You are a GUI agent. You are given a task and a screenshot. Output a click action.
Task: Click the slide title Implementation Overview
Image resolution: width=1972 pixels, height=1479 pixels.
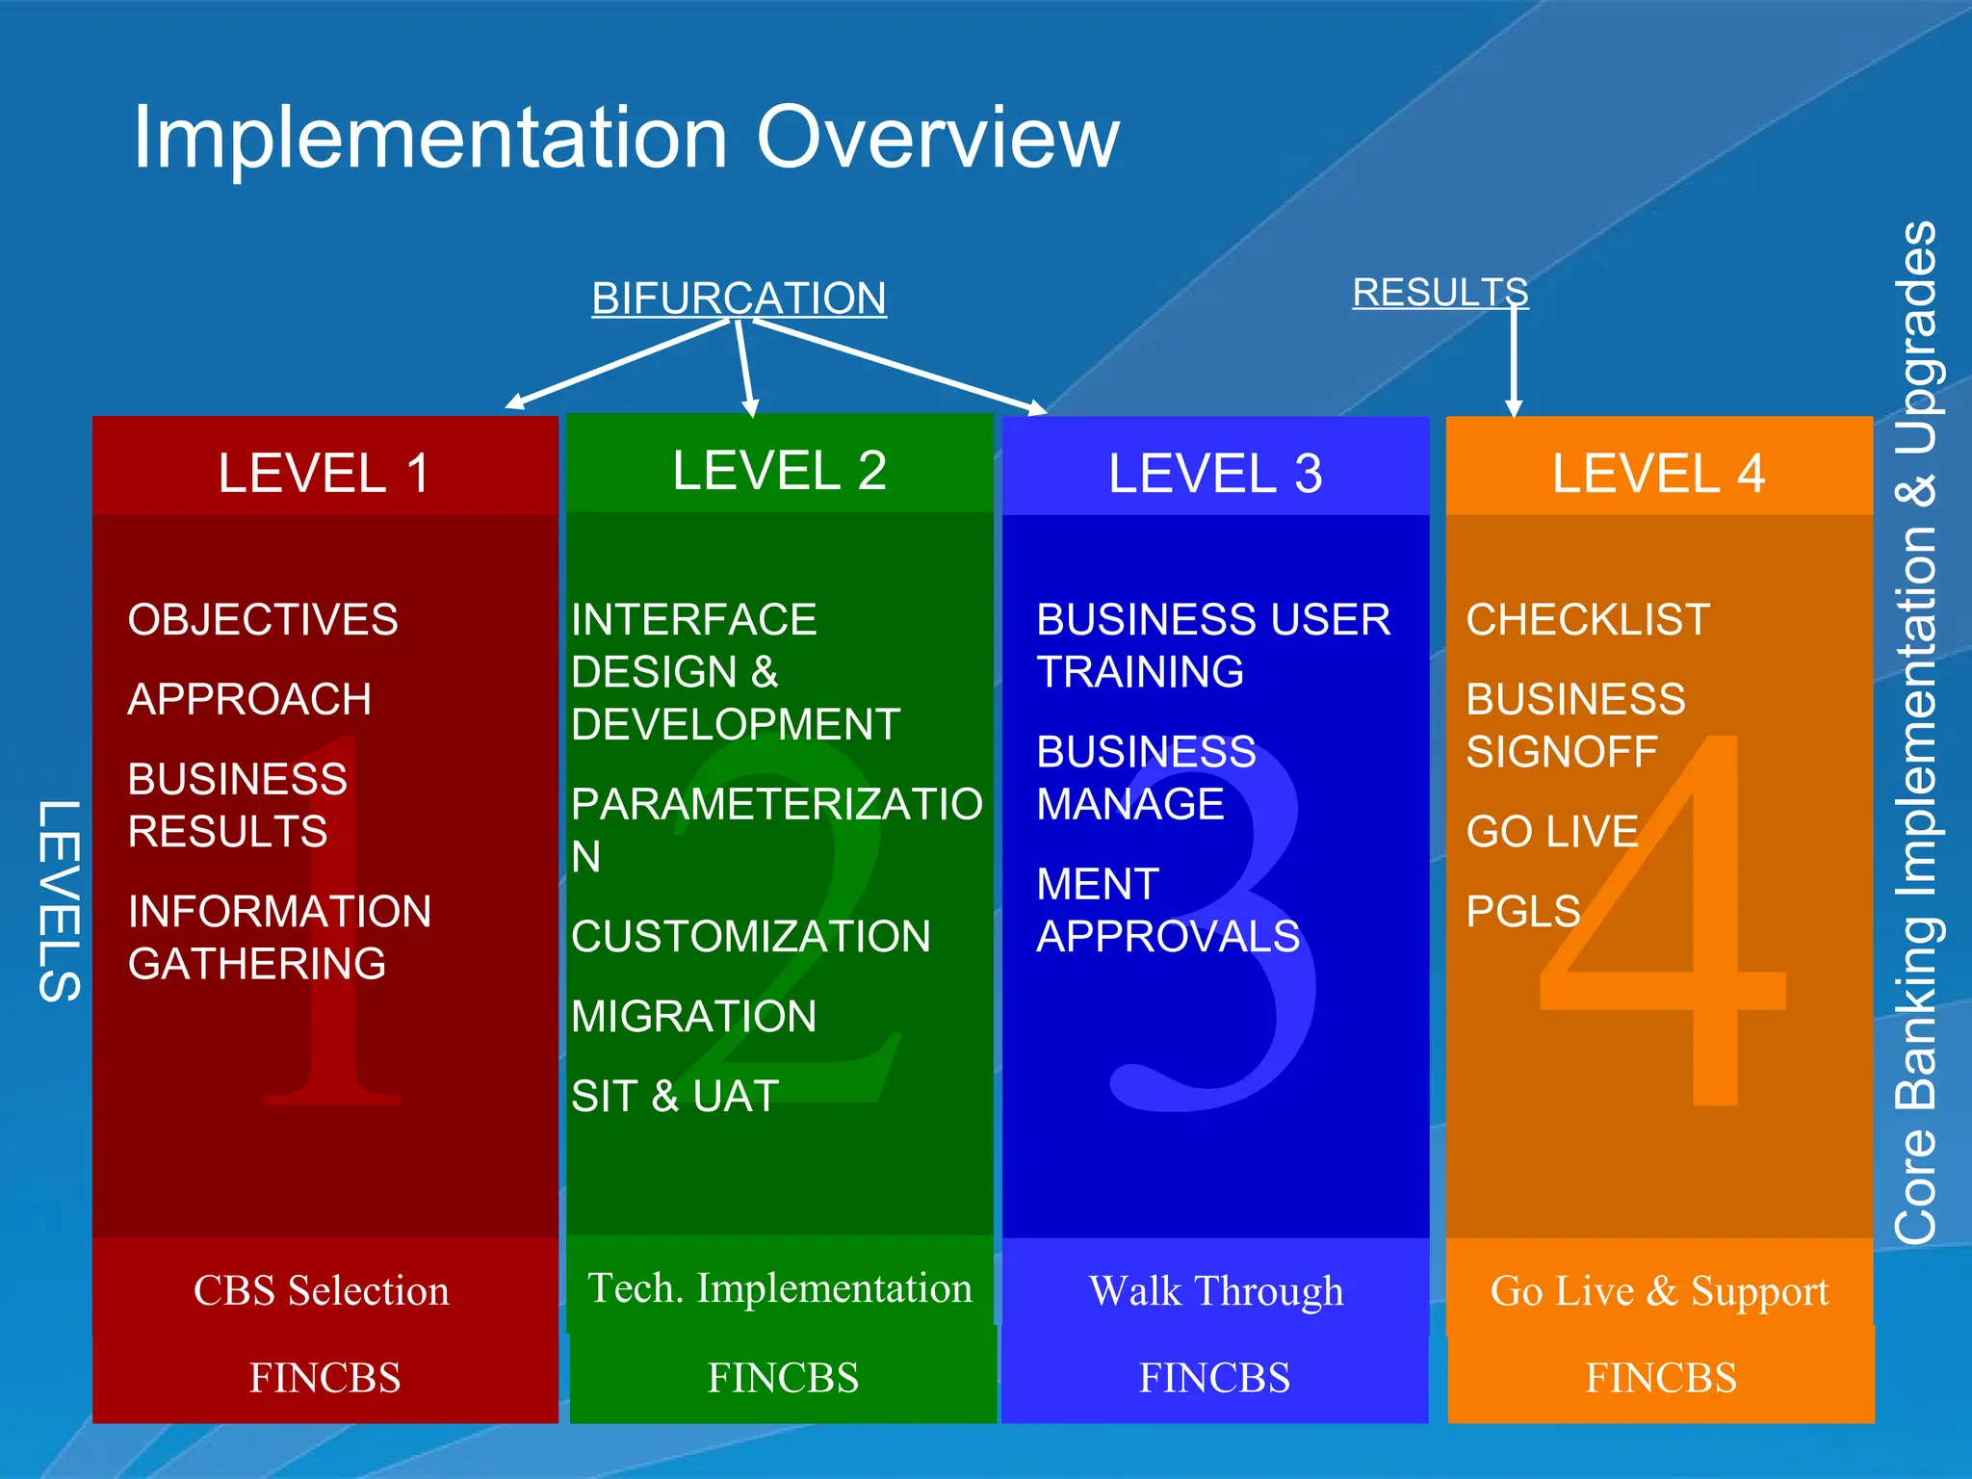[626, 138]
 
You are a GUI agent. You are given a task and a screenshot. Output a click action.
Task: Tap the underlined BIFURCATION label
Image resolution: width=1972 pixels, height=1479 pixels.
[739, 298]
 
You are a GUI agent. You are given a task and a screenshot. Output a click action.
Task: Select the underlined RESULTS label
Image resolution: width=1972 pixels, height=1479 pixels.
[1440, 292]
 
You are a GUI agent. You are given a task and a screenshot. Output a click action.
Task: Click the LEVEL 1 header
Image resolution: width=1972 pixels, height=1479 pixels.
[324, 473]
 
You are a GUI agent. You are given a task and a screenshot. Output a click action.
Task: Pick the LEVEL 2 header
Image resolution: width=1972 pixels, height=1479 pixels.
[779, 470]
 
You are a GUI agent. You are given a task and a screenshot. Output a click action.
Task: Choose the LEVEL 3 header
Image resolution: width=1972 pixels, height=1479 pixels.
[1215, 473]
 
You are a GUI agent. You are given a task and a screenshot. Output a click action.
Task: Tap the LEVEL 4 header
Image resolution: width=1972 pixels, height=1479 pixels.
[1658, 473]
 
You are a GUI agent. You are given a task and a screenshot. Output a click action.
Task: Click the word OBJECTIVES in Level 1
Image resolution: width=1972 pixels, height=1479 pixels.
[263, 619]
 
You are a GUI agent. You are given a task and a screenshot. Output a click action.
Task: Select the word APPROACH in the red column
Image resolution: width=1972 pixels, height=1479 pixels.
[249, 699]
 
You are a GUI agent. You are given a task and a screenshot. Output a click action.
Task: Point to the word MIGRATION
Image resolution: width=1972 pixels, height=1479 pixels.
[693, 1016]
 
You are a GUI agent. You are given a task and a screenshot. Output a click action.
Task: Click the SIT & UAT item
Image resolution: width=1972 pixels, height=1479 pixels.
[674, 1096]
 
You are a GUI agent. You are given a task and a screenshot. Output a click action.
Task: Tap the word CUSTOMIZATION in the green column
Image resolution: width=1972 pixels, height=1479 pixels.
[750, 936]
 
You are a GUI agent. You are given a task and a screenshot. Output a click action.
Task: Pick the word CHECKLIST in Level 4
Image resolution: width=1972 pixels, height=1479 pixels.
[1588, 619]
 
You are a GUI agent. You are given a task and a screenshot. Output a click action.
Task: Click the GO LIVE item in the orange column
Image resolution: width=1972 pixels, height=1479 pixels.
[1551, 831]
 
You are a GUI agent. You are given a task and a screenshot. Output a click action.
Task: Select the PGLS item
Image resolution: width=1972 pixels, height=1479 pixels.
[1523, 911]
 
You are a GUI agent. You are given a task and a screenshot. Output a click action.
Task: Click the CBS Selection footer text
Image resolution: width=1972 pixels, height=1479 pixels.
[322, 1290]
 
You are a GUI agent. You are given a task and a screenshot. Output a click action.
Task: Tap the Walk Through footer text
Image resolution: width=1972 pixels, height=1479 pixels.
[1215, 1290]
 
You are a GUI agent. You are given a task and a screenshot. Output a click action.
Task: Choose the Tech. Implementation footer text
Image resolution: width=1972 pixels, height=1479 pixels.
[779, 1288]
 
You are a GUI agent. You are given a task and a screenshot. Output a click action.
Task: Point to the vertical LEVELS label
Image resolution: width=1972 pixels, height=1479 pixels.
[59, 900]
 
